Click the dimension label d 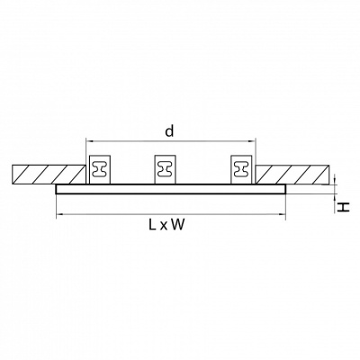[x=170, y=130]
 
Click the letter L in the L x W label [x=152, y=224]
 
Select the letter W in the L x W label [x=177, y=224]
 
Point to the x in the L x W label [x=163, y=226]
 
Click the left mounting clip [x=100, y=169]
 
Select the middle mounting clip [x=165, y=169]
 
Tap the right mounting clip [x=240, y=169]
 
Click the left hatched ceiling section [x=49, y=175]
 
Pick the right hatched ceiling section [x=292, y=175]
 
